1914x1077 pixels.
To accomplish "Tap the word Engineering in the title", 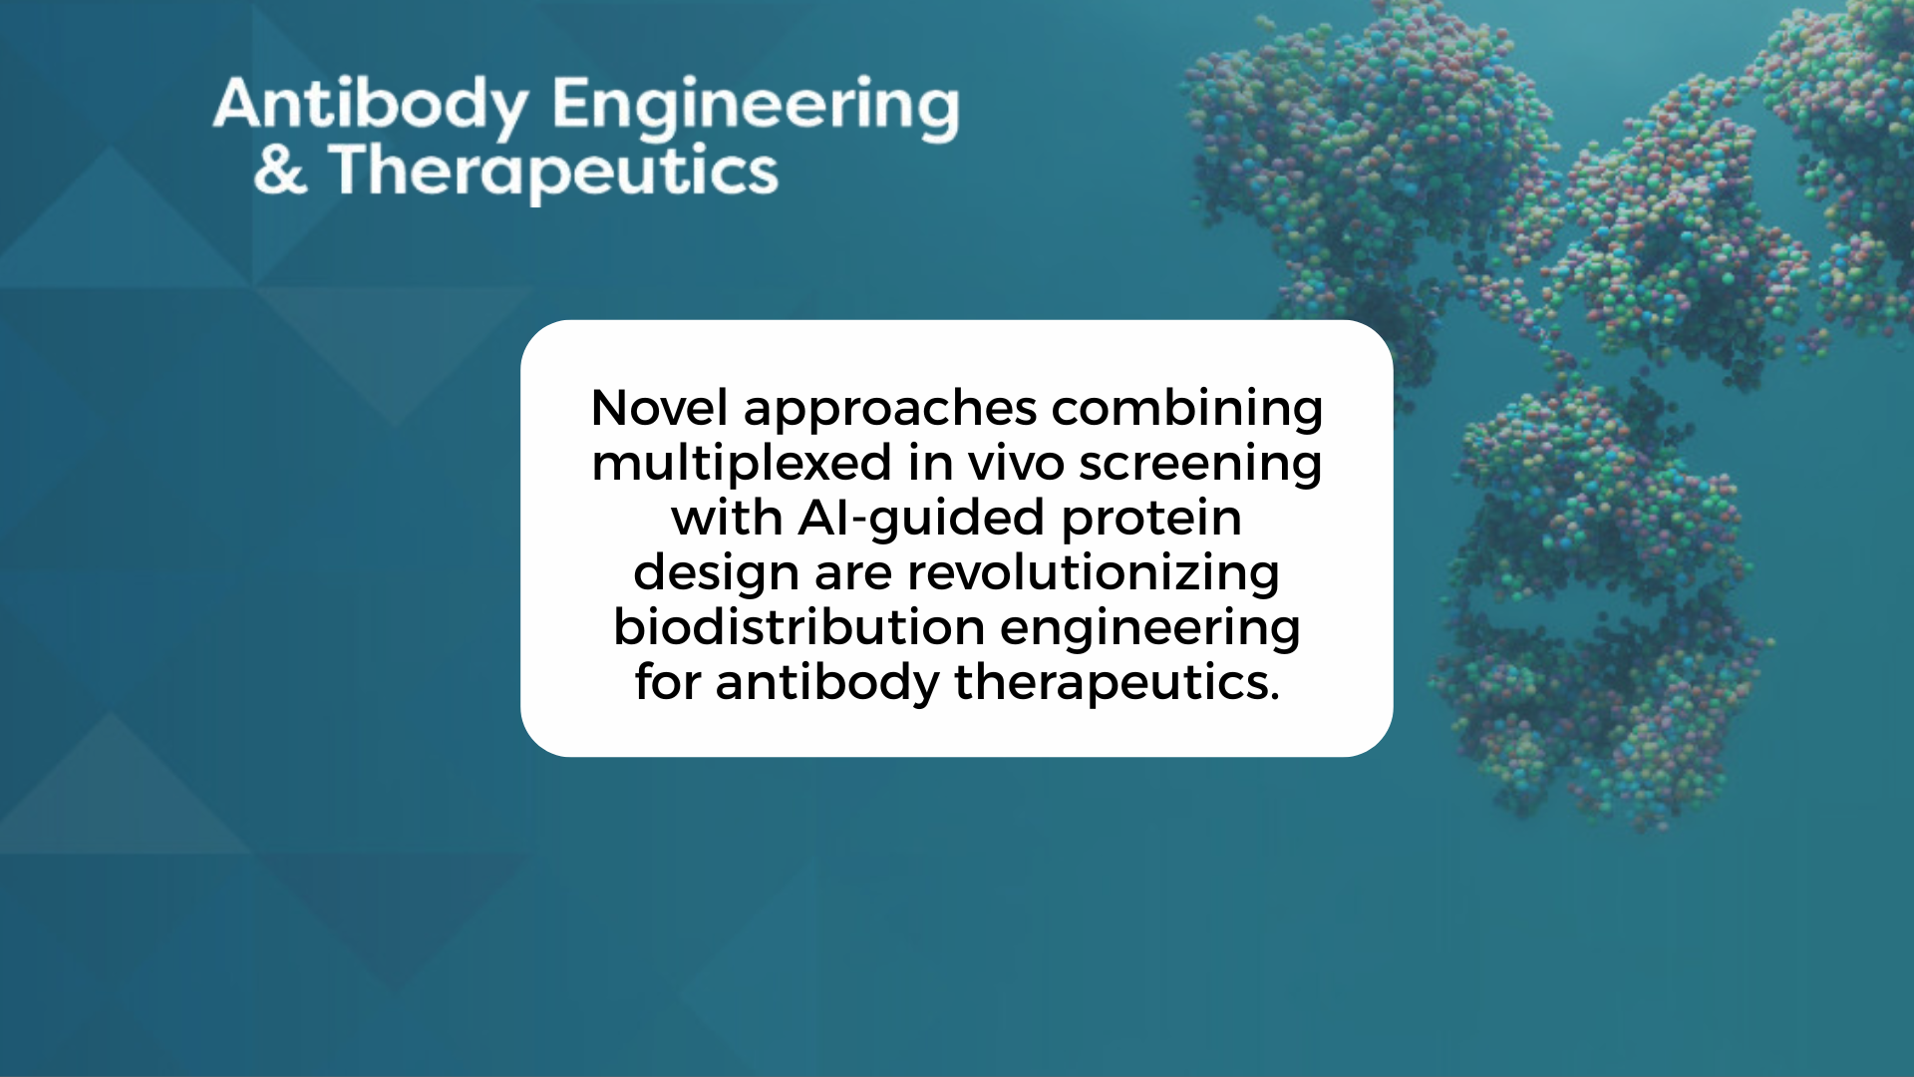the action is point(756,108).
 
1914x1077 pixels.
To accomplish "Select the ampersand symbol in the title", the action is point(279,170).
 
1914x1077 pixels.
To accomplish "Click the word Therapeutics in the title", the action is point(553,172).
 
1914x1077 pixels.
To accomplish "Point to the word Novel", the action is point(659,408).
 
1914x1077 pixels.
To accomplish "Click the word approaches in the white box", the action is point(890,411).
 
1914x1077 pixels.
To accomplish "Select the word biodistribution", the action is point(799,628).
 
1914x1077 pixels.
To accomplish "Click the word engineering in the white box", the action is point(1150,630).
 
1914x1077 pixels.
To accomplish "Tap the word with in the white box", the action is point(727,519).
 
